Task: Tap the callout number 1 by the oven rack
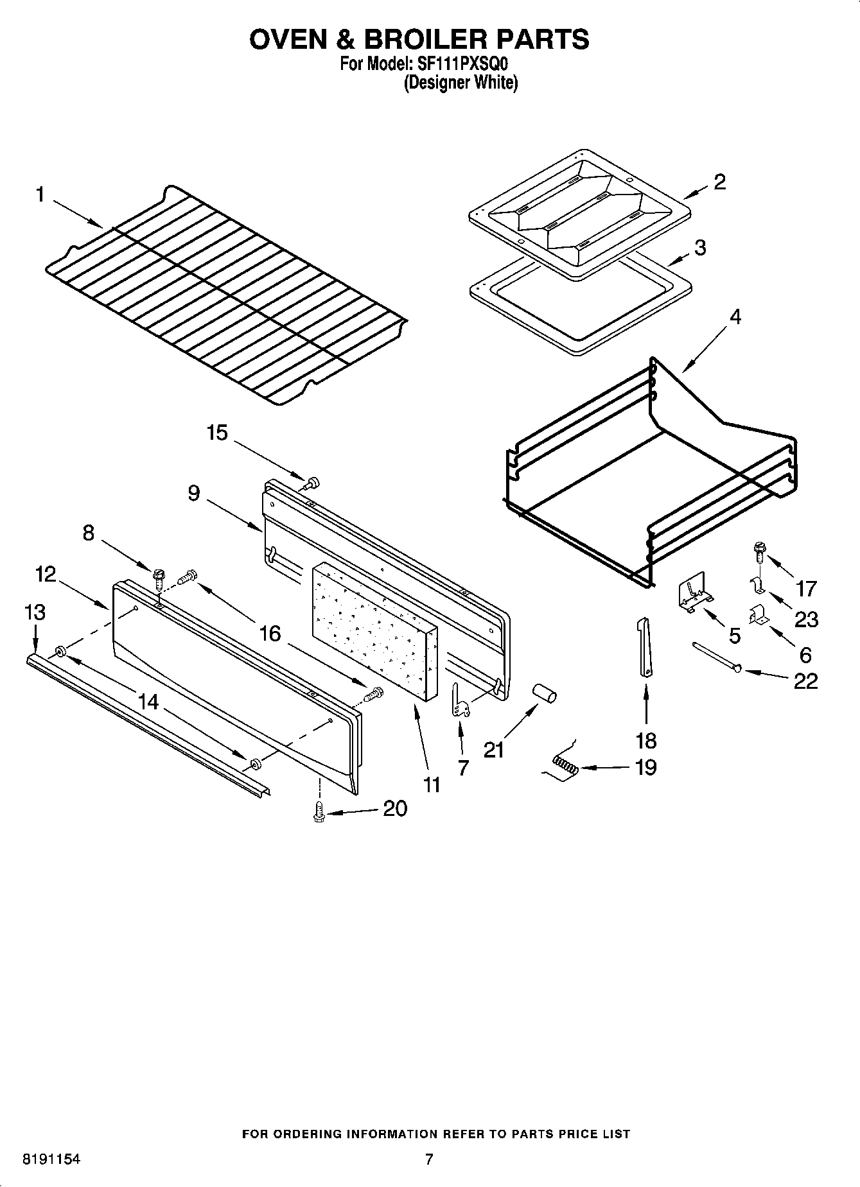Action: pos(40,195)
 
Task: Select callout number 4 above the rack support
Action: pos(735,317)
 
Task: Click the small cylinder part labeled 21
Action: pos(545,695)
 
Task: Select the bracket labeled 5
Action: pos(692,595)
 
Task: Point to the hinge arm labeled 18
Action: pos(645,646)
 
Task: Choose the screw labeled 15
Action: pos(313,483)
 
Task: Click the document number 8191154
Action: pos(51,1159)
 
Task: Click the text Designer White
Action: pos(461,83)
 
